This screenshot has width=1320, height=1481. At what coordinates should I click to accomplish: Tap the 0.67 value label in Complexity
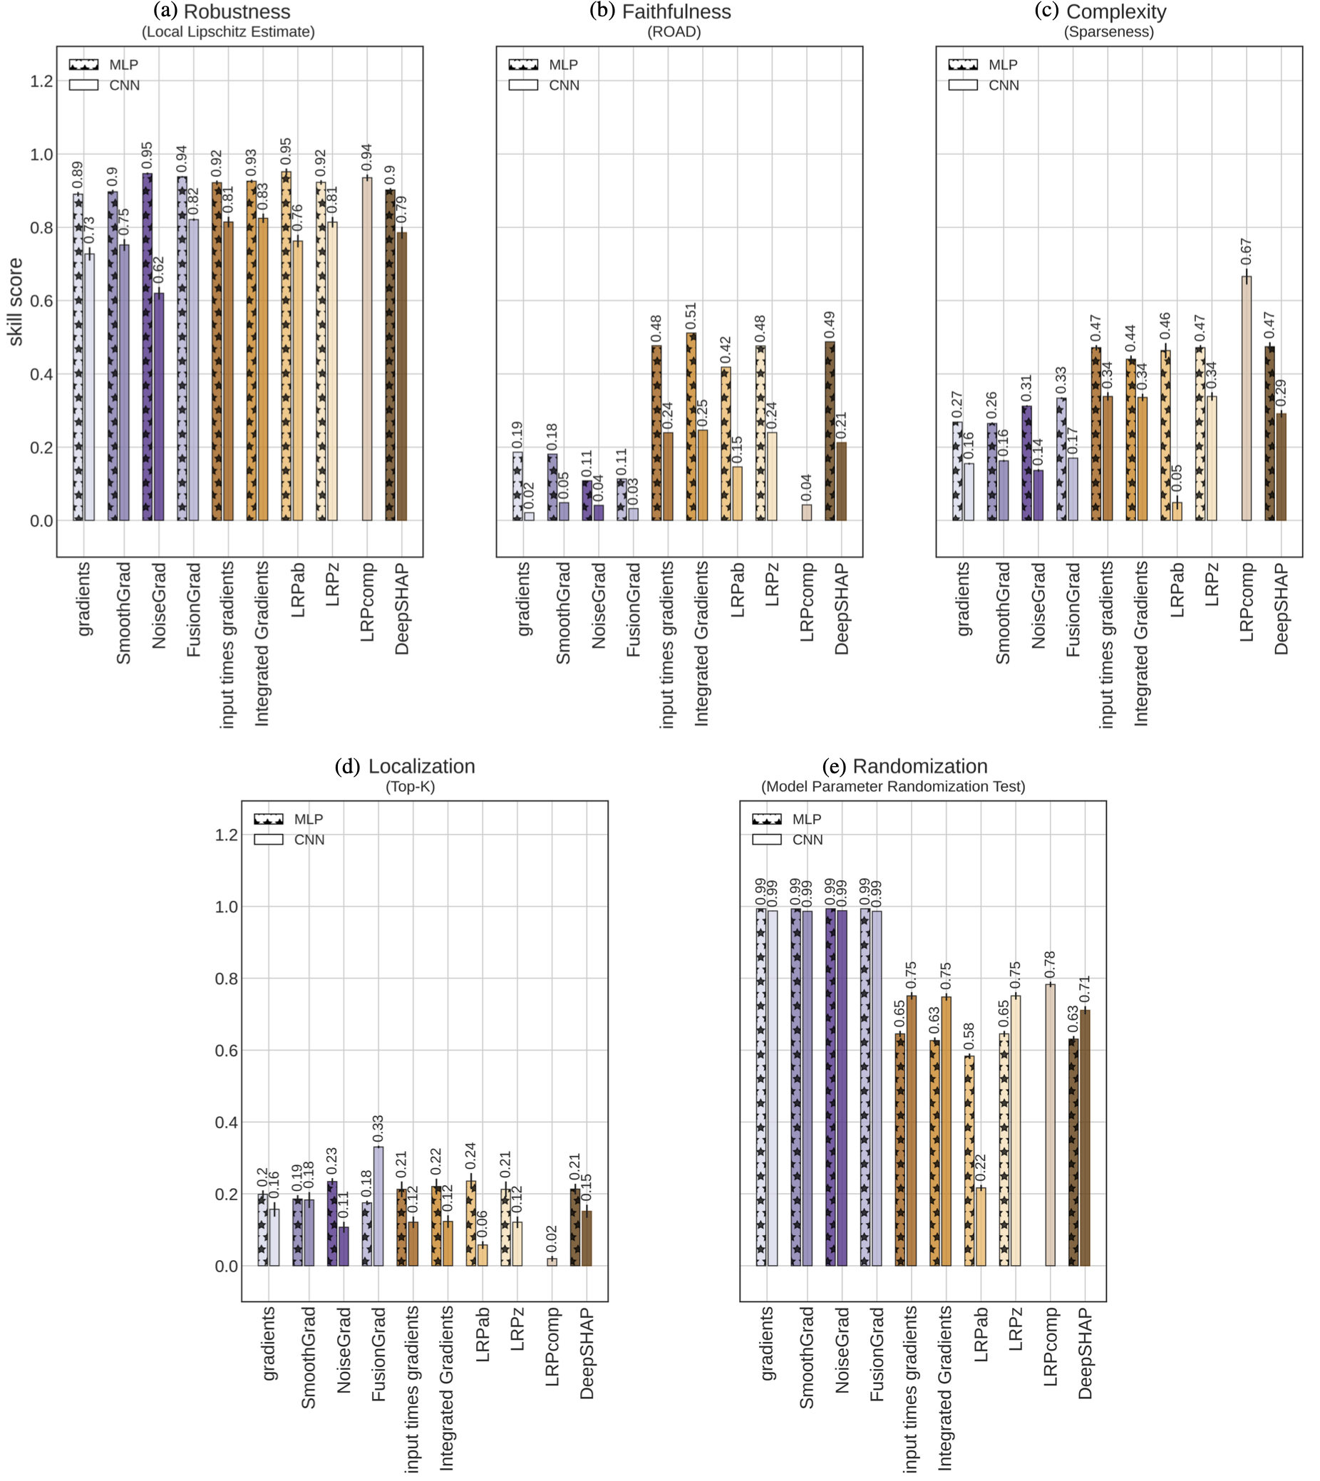point(1246,251)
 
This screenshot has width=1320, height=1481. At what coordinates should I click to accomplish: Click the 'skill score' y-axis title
point(16,301)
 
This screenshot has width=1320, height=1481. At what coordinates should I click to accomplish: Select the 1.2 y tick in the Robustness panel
point(41,81)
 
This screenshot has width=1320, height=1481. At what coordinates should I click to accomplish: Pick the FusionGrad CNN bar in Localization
point(378,1206)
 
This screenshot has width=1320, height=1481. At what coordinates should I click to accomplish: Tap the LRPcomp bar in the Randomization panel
point(1050,1125)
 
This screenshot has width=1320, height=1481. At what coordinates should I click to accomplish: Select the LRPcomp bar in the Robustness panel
point(367,348)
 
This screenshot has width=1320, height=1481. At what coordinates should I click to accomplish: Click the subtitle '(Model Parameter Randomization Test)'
point(893,787)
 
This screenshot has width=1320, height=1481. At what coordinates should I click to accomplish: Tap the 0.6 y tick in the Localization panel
point(226,1051)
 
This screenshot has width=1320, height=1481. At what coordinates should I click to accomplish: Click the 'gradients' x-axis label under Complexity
point(963,599)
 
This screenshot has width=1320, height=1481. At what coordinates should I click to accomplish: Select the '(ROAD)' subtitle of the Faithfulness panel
point(674,32)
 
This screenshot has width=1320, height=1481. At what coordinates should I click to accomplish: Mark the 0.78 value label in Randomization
point(1050,964)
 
